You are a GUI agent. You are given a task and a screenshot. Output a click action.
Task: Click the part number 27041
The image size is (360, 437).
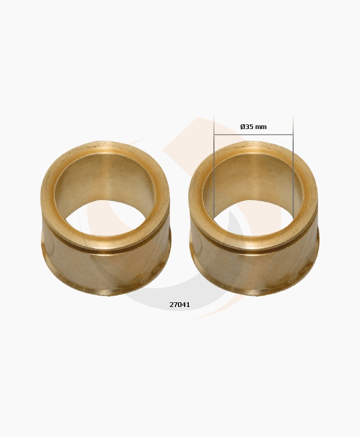(179, 305)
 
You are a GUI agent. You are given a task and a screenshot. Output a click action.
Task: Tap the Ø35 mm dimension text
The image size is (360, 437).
(254, 127)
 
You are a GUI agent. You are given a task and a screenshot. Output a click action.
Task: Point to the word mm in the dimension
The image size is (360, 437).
(261, 128)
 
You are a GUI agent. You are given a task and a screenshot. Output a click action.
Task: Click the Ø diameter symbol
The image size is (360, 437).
(243, 127)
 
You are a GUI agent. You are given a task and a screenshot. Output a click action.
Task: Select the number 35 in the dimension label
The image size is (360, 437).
(249, 127)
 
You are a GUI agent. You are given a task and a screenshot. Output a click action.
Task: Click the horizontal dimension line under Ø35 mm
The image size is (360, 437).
(254, 135)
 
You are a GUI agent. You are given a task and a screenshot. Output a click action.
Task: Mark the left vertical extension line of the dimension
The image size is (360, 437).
(214, 166)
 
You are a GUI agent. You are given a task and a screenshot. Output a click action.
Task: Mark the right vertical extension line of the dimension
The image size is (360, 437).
(293, 166)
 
